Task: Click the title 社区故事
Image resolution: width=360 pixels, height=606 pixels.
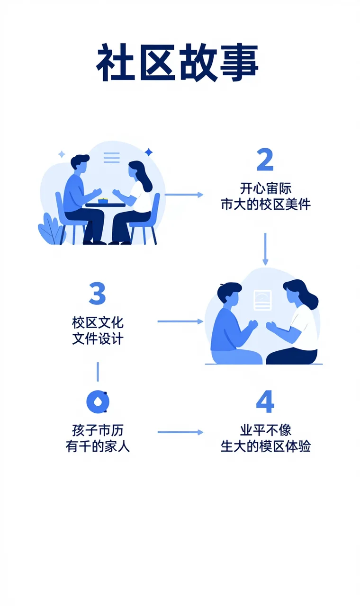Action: (x=178, y=64)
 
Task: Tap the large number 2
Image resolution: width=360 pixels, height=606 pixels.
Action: (x=265, y=160)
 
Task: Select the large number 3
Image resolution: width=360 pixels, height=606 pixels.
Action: (x=97, y=294)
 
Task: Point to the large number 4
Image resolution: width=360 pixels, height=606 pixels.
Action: (x=265, y=402)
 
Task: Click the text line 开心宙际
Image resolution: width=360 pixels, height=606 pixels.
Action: (x=265, y=188)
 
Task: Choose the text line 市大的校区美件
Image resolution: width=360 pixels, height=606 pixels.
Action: (x=265, y=204)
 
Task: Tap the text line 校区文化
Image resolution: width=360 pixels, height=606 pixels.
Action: (x=98, y=323)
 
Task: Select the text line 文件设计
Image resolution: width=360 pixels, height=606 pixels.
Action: (x=98, y=339)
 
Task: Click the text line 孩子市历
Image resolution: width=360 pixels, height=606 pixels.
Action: (x=98, y=430)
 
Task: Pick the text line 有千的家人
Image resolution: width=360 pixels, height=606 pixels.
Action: (x=98, y=446)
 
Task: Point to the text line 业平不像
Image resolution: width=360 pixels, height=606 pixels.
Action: (x=265, y=430)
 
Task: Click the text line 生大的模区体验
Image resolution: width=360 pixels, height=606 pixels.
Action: (x=265, y=446)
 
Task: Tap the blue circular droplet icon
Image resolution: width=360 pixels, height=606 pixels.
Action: (x=98, y=402)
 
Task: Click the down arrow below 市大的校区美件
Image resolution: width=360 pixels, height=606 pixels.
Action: (x=265, y=249)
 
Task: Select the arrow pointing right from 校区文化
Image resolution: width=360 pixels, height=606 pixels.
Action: (x=180, y=321)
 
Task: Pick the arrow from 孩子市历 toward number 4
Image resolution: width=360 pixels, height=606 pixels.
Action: (x=180, y=432)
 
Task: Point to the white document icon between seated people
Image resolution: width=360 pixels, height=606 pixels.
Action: (x=262, y=300)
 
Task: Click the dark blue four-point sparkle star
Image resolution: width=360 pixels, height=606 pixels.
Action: (x=149, y=152)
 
